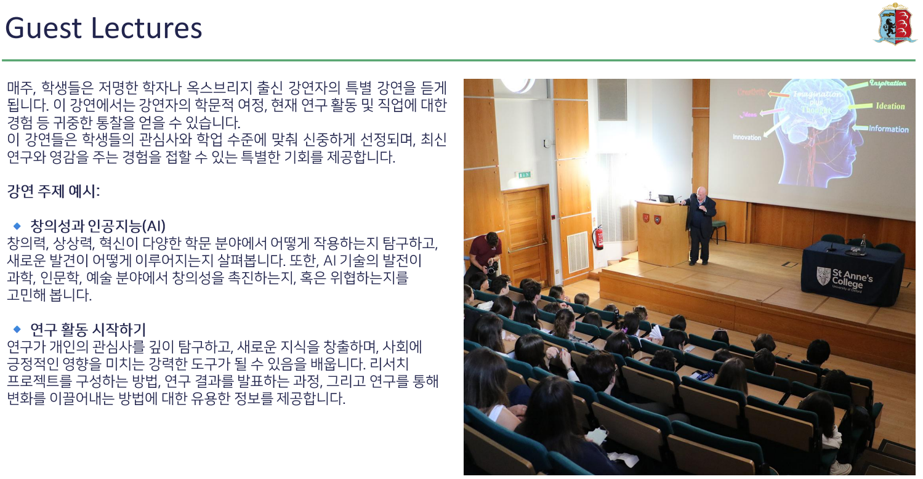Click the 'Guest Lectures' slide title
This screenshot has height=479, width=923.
pos(103,28)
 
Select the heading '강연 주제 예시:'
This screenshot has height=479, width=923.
pos(53,191)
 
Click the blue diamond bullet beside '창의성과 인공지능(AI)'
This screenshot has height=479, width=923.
pos(17,226)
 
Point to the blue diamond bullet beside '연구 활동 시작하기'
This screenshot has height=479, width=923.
pos(17,329)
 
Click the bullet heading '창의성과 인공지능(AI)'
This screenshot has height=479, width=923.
pos(98,226)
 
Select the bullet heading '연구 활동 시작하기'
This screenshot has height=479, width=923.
pos(88,329)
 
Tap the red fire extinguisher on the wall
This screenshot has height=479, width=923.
pos(599,238)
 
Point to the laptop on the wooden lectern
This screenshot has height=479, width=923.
pos(666,198)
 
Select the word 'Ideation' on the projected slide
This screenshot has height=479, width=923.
pos(890,106)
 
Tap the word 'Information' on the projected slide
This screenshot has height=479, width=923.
pos(889,129)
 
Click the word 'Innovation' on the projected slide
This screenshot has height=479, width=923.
pos(747,137)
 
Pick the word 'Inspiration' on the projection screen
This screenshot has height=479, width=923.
pos(887,83)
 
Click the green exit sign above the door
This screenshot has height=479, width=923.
pos(524,175)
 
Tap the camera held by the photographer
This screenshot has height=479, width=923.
pos(491,268)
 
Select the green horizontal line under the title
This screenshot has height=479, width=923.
pos(459,60)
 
